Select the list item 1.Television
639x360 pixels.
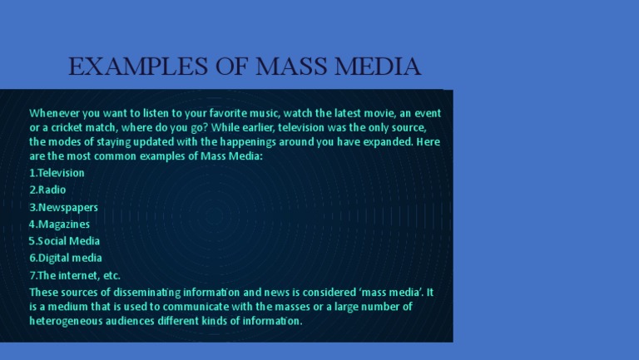[57, 173]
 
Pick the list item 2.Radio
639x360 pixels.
[47, 190]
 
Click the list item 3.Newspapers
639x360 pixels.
[63, 208]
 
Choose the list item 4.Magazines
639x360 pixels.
[60, 224]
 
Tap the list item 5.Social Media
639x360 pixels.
[64, 241]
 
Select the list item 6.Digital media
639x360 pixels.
[66, 258]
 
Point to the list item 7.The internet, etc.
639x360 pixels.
[75, 275]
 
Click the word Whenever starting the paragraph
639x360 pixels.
[55, 113]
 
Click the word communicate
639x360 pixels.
[196, 307]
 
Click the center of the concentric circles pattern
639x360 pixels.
[214, 215]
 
